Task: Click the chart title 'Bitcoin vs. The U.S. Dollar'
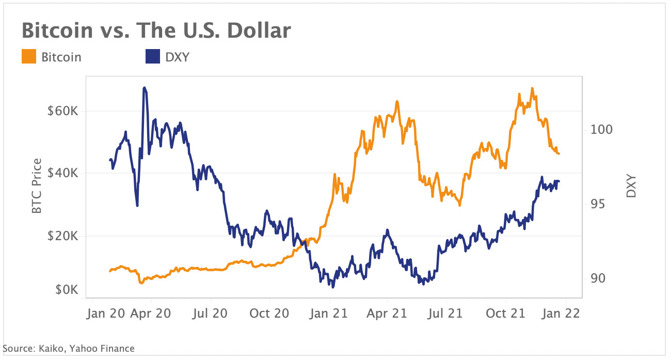click(x=156, y=31)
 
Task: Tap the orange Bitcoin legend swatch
click(x=28, y=57)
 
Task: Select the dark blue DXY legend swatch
click(x=152, y=57)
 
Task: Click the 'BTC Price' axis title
click(x=36, y=186)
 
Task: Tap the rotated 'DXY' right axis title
click(x=631, y=186)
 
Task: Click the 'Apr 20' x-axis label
click(x=151, y=313)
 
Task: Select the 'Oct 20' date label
click(x=269, y=313)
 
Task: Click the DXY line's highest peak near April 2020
click(x=145, y=88)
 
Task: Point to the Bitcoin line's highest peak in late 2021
click(x=532, y=88)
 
